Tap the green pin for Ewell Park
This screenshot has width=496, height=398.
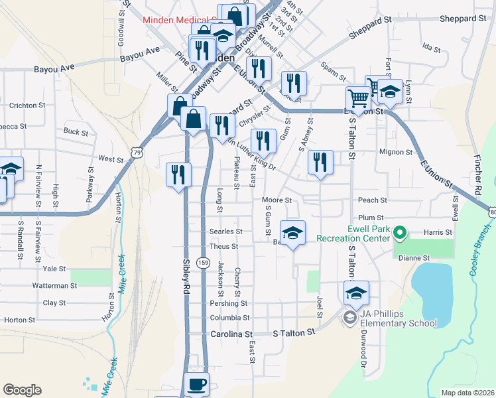coord(400,233)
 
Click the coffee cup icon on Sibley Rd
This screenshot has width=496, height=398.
coord(196,384)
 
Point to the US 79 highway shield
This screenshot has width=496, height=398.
coord(137,153)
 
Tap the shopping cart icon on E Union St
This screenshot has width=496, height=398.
coord(358,99)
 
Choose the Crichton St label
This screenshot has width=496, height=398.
coord(27,105)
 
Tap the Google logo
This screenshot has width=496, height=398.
coord(22,390)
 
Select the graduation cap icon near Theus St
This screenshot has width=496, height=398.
coord(292,232)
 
